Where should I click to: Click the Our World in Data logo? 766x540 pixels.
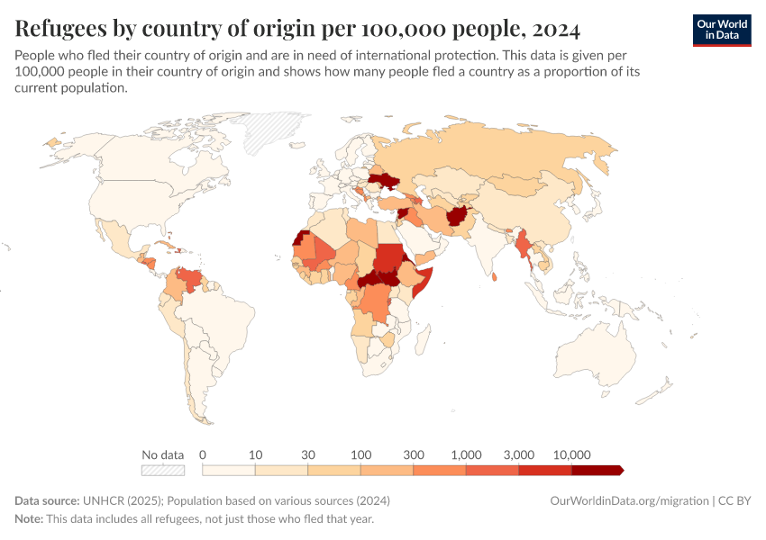coord(721,30)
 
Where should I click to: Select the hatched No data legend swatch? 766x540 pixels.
coord(163,470)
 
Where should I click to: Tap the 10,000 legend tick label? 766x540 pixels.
coord(571,454)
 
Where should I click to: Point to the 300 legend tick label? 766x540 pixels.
coord(413,454)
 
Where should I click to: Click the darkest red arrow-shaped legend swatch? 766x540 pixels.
coord(597,470)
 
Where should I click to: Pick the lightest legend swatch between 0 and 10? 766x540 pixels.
coord(229,470)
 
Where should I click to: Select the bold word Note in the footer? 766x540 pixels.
coord(29,519)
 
